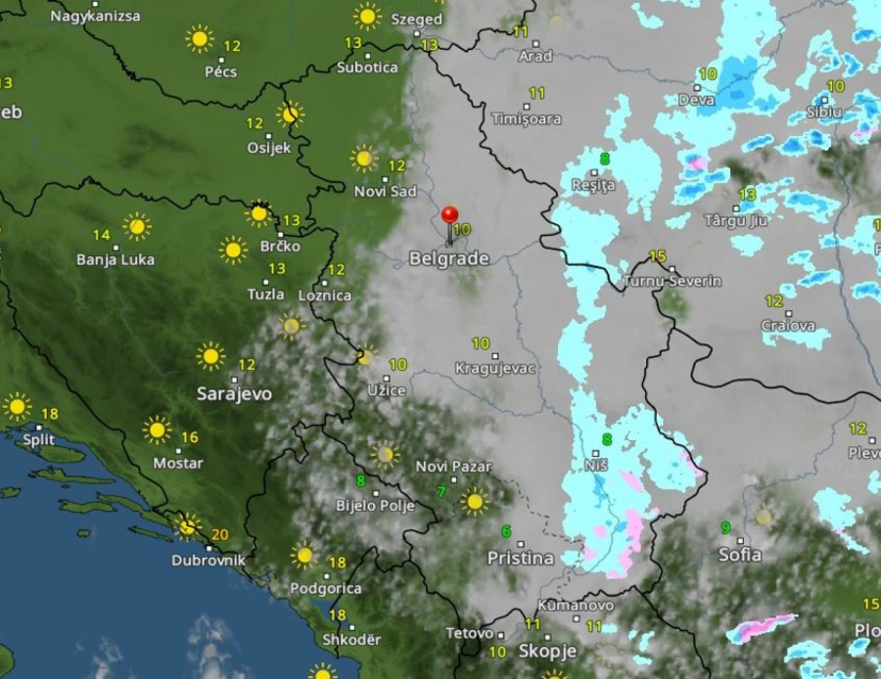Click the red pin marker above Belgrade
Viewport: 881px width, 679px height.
[x=449, y=215]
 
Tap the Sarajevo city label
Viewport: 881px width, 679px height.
[x=235, y=393]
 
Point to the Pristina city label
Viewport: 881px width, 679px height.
[x=521, y=558]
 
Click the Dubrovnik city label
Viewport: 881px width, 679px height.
[x=208, y=561]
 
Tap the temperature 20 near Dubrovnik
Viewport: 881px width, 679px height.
[x=219, y=534]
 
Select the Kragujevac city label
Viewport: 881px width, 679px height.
[x=496, y=369]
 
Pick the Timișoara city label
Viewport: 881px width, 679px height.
[x=527, y=119]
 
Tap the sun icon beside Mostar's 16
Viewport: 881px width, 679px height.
[x=157, y=430]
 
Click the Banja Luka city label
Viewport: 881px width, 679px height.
[x=116, y=259]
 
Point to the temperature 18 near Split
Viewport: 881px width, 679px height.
[x=49, y=414]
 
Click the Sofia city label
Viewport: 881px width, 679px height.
[x=740, y=555]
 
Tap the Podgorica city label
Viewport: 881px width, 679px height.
[x=325, y=588]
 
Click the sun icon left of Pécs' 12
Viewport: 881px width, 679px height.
[x=200, y=39]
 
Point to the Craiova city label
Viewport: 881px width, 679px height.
[x=788, y=326]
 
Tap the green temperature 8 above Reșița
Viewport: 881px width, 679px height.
[x=605, y=159]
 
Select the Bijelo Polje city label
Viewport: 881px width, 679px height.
[x=375, y=506]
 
